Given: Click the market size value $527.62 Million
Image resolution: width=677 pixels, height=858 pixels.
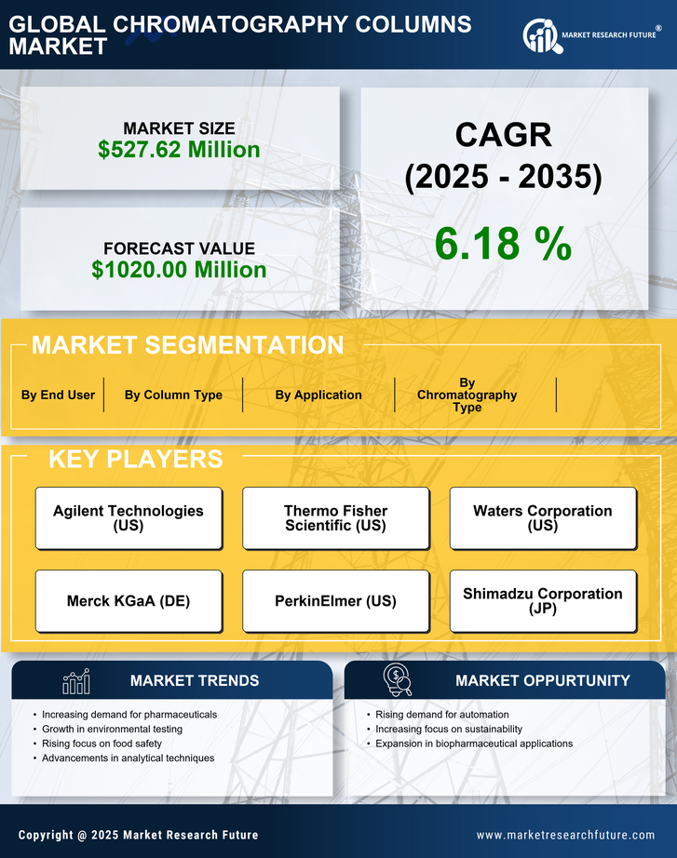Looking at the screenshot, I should [x=179, y=149].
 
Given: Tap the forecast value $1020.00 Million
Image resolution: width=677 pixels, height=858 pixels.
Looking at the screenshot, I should [x=179, y=270].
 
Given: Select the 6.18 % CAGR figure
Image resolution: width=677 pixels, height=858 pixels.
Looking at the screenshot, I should [x=503, y=244].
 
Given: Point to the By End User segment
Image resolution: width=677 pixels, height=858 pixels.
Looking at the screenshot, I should [x=58, y=395].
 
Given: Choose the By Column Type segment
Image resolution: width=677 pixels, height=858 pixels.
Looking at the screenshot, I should [x=173, y=395].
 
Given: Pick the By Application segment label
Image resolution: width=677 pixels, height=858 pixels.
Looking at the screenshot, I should [x=318, y=395].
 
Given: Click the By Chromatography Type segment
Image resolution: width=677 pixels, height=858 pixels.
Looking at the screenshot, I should [x=467, y=395].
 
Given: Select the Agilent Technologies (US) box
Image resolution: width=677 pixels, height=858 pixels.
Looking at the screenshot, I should [x=129, y=517].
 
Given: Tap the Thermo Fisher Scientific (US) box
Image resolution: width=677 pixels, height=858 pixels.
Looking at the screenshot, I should [x=335, y=517].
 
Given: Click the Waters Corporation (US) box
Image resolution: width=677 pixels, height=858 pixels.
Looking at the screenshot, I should [x=543, y=517].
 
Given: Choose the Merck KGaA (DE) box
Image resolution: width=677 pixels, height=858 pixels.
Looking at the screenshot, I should [x=129, y=601].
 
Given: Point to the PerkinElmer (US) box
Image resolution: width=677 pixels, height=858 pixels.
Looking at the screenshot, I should [x=335, y=601].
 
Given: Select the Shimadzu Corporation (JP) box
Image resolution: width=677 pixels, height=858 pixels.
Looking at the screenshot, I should [x=543, y=601].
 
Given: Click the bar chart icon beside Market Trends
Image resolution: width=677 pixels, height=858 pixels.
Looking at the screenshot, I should [x=76, y=681].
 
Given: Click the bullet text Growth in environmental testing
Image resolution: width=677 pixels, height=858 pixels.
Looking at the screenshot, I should [x=112, y=729].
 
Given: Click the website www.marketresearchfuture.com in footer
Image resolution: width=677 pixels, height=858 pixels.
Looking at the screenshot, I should [x=565, y=835].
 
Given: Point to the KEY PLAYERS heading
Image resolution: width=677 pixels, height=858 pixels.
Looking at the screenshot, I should [x=135, y=459].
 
